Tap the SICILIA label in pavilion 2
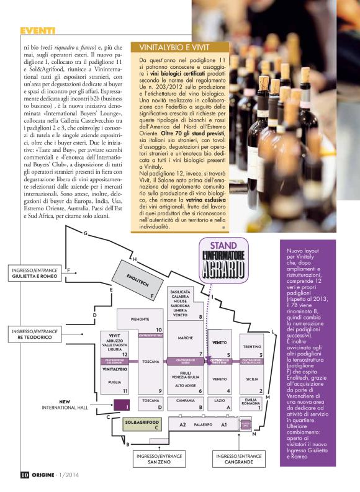pos(251,377)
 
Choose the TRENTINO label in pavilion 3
pos(251,346)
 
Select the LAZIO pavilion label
pos(220,401)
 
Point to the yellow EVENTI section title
pos(38,30)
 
